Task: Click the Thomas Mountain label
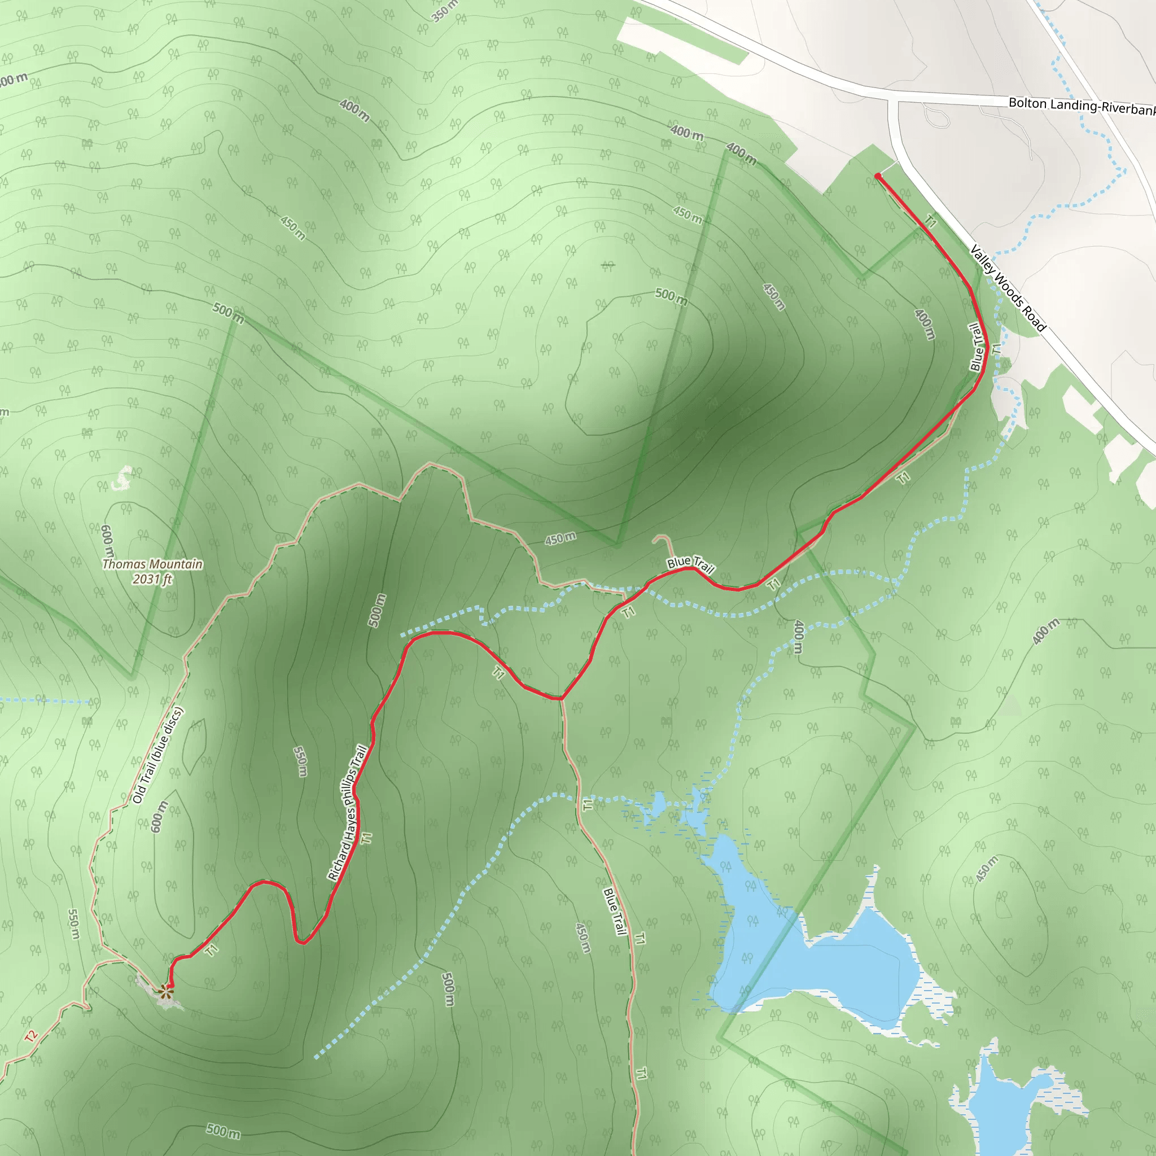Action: pyautogui.click(x=152, y=564)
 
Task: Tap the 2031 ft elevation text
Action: pyautogui.click(x=152, y=579)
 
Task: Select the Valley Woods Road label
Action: pyautogui.click(x=1008, y=288)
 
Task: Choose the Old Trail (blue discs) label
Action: pyautogui.click(x=158, y=755)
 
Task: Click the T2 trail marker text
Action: pyautogui.click(x=31, y=1036)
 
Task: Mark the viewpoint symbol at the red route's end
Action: pyautogui.click(x=166, y=993)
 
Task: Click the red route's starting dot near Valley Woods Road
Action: pyautogui.click(x=878, y=176)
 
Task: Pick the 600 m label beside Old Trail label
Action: pyautogui.click(x=158, y=816)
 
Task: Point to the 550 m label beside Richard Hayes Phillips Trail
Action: pyautogui.click(x=300, y=761)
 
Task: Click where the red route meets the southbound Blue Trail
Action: pyautogui.click(x=561, y=698)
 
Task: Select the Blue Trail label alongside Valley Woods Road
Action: pyautogui.click(x=976, y=347)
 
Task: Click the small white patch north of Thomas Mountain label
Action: pyautogui.click(x=122, y=479)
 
